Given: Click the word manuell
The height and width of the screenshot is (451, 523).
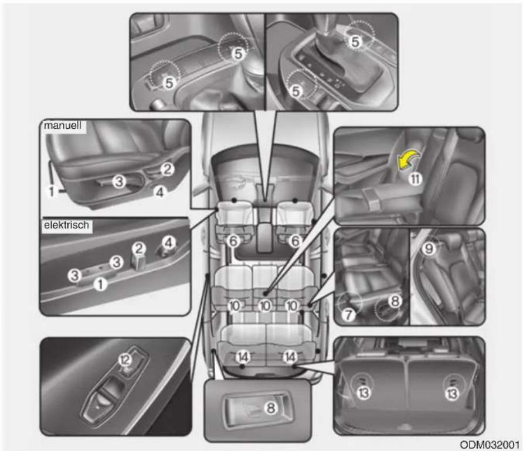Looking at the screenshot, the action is [x=62, y=125].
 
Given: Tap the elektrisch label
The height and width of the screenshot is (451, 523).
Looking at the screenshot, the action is [x=66, y=225].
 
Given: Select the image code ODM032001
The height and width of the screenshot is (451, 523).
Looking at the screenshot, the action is [x=490, y=445].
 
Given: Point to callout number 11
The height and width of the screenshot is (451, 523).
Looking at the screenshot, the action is [x=415, y=179].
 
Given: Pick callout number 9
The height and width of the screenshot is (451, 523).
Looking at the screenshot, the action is [x=429, y=248].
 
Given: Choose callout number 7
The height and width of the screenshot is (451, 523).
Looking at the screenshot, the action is [x=348, y=314].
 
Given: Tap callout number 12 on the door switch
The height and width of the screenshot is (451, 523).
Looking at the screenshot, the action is [x=125, y=360].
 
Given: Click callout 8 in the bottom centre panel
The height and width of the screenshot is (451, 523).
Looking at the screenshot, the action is [x=270, y=408].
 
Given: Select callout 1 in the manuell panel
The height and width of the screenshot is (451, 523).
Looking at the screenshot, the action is [x=52, y=191].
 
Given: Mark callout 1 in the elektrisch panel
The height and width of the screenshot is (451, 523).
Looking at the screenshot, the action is [x=100, y=284].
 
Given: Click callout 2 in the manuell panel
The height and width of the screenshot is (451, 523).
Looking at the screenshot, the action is [x=167, y=169].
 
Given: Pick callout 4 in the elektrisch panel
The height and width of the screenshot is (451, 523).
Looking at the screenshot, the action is [x=168, y=242].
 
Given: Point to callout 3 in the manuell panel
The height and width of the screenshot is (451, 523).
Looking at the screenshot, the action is [x=119, y=181].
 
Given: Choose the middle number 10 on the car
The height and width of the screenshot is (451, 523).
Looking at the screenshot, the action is [x=265, y=306].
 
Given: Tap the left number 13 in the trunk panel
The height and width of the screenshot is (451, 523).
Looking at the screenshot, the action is [x=364, y=393].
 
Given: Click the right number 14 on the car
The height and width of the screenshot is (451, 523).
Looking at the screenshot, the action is [x=290, y=357].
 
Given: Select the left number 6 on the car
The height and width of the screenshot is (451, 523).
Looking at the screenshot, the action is [x=233, y=241].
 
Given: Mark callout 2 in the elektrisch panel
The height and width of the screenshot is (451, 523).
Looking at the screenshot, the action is [x=139, y=248].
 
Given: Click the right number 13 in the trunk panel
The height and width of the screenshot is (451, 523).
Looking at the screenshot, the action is [x=451, y=394].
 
